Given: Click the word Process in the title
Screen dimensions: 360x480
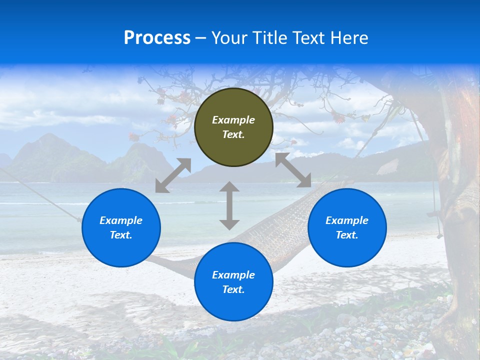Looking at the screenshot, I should click(157, 38).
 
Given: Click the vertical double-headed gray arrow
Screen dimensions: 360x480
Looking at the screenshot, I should click(229, 205).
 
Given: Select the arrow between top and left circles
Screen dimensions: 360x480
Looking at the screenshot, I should click(173, 175).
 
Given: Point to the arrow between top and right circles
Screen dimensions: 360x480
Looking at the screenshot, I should click(293, 170).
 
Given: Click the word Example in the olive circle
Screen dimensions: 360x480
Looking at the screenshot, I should click(233, 120).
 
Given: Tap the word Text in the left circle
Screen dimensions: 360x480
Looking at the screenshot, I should click(121, 235).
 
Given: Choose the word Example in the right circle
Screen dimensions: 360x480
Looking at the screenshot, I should click(347, 220).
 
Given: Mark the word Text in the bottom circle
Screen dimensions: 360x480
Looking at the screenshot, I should click(233, 289).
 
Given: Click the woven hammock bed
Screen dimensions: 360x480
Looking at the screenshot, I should click(280, 230).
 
